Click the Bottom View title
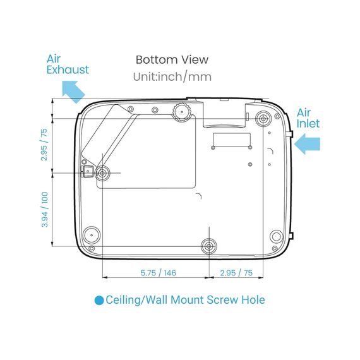172,60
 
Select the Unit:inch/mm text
172,76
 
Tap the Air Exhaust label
68,64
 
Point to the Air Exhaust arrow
74,92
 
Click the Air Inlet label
308,118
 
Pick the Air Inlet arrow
307,144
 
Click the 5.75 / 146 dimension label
158,273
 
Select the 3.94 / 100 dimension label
45,210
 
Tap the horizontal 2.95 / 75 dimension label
236,273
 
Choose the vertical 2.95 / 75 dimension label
44,145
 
